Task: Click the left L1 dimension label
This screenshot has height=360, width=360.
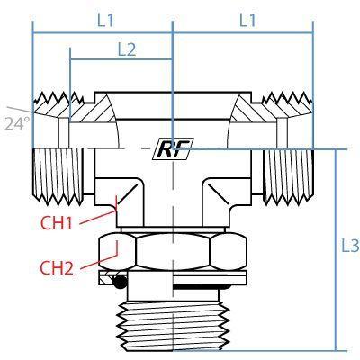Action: coord(105,21)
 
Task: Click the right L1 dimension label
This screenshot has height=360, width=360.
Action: coord(247,21)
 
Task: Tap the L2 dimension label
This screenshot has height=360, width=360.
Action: coord(127,49)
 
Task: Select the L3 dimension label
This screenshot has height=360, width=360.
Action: coord(350,247)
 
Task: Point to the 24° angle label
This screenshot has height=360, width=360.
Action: coord(18,123)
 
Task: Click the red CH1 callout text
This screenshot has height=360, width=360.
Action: coord(57,223)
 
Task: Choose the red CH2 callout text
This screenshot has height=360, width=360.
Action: coord(57,268)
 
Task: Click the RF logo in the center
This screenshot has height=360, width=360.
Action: coord(173,148)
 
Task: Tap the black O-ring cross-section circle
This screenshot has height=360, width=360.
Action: coord(121,283)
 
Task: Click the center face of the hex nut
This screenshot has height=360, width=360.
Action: coord(173,251)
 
